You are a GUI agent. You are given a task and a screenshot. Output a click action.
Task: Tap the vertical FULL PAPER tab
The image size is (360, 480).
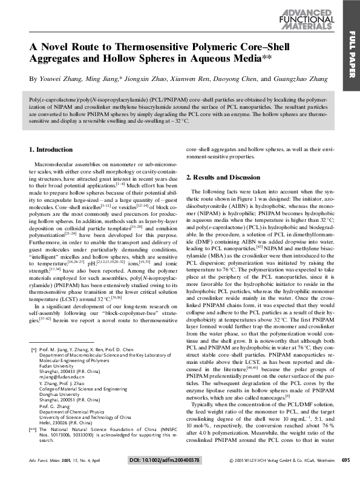pyautogui.click(x=352, y=54)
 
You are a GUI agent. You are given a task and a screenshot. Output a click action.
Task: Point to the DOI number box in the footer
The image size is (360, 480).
pyautogui.click(x=165, y=460)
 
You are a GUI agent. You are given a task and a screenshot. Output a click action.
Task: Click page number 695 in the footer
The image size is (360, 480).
pyautogui.click(x=345, y=460)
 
